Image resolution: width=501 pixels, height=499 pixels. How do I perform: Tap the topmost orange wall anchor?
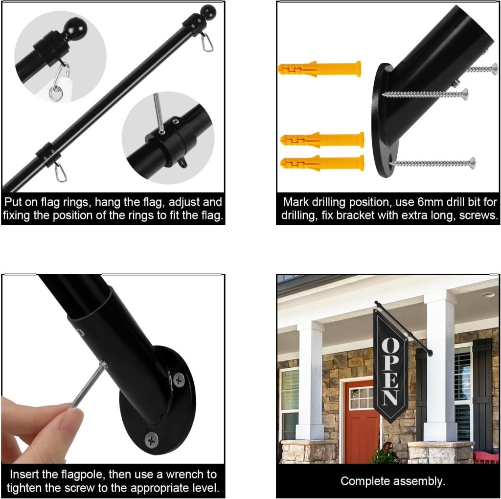coord(319,69)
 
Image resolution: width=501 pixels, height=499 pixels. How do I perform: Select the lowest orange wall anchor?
coord(322,163)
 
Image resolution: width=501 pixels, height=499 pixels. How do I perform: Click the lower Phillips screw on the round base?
coord(152,440)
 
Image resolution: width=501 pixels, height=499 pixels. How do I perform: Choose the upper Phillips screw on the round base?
coord(179,380)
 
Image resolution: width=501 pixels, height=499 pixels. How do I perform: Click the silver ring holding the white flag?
coord(55,95)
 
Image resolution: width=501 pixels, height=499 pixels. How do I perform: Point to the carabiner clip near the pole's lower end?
coord(60,171)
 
